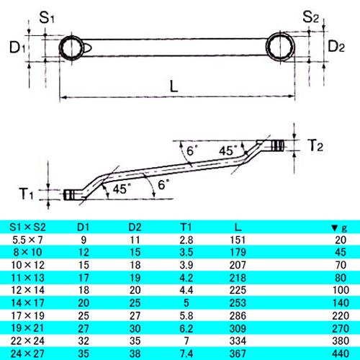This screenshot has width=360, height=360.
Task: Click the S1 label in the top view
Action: pyautogui.click(x=47, y=17)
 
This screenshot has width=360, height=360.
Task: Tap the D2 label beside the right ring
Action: pyautogui.click(x=336, y=46)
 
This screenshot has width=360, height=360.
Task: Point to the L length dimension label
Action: pyautogui.click(x=174, y=86)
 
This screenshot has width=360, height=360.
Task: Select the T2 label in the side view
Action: pyautogui.click(x=315, y=145)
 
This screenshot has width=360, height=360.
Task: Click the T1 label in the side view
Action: pyautogui.click(x=26, y=194)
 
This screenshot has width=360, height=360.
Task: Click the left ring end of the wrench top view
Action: pyautogui.click(x=71, y=48)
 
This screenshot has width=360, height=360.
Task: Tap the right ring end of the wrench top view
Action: pyautogui.click(x=280, y=47)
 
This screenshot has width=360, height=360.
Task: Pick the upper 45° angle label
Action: pyautogui.click(x=228, y=150)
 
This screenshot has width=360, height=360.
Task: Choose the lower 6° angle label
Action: pyautogui.click(x=164, y=185)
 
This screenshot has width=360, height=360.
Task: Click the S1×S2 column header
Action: pyautogui.click(x=27, y=227)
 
